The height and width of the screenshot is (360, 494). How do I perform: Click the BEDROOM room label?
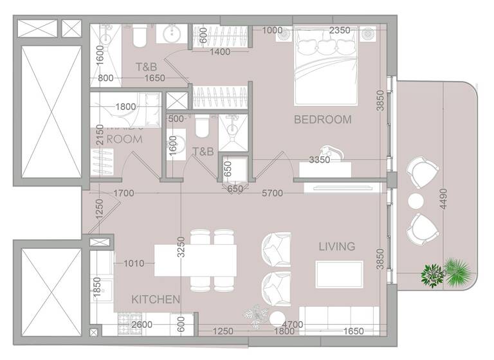point(323,120)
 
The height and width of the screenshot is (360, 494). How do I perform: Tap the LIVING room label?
point(336,246)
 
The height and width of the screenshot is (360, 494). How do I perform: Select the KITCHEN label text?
point(156,299)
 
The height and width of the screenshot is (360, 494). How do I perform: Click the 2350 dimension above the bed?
point(340,30)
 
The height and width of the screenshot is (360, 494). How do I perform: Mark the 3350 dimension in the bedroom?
point(320,159)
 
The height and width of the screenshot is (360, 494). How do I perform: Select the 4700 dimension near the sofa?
point(293,325)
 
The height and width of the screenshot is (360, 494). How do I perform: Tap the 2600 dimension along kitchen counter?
point(142,325)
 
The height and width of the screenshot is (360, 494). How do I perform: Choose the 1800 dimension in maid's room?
point(125,107)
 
